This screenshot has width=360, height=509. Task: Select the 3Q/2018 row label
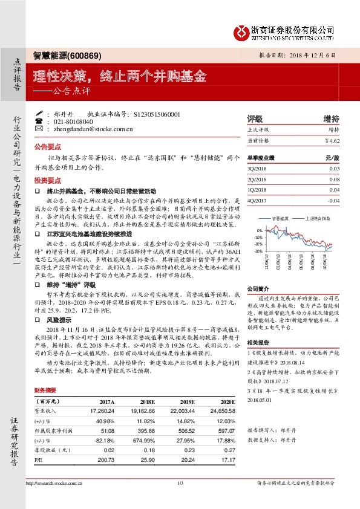(258, 169)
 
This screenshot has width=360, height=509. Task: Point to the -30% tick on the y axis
(258, 251)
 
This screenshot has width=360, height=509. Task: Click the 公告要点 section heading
(48, 147)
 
